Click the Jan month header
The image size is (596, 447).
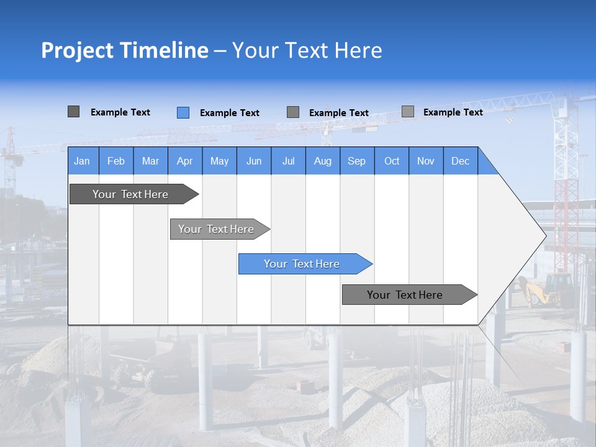tap(83, 161)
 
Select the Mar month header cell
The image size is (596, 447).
tap(150, 161)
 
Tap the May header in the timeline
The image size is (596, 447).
tap(219, 161)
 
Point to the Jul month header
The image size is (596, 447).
tap(288, 161)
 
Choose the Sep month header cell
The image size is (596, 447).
tap(356, 161)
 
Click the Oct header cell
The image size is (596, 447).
tap(392, 161)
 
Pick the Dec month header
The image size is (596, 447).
tap(460, 161)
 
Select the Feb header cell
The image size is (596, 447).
tap(116, 161)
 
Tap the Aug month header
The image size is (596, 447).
tap(322, 161)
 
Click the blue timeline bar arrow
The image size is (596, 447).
tap(305, 264)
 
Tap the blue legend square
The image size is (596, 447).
tap(183, 112)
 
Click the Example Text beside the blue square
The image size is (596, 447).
tap(229, 113)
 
